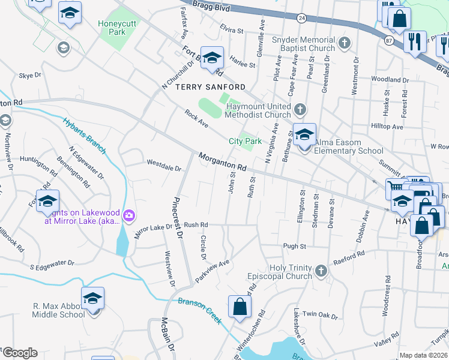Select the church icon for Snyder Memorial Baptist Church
[344, 43]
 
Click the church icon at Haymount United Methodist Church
[301, 110]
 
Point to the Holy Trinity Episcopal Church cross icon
[321, 271]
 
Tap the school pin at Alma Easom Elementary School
[305, 135]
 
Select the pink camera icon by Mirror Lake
[128, 215]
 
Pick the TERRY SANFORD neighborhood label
[202, 87]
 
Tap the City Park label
[246, 142]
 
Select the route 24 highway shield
[302, 19]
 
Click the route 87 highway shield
[389, 40]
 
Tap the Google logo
[19, 353]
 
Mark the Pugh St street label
[295, 246]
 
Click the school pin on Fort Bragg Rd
[212, 58]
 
